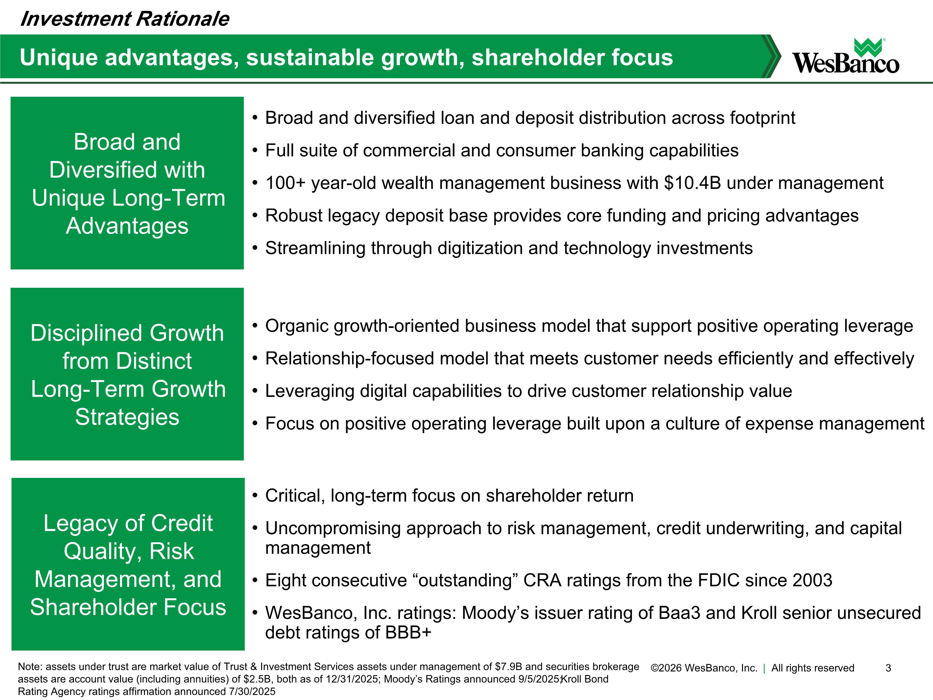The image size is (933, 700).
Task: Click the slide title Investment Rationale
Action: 124,19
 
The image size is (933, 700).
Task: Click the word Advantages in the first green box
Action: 127,226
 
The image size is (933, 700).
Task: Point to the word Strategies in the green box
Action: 127,417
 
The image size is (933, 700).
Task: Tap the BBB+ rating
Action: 408,632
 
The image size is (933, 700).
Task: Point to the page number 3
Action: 888,668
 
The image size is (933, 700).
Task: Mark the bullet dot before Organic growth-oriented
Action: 255,326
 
